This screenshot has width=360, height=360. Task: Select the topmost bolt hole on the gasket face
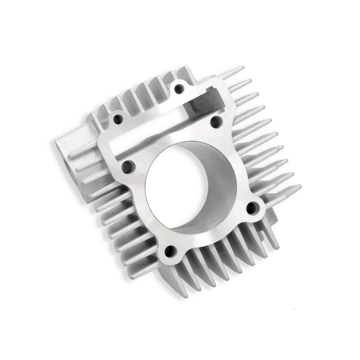pos(179,88)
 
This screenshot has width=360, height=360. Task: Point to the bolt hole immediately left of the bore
pos(127,166)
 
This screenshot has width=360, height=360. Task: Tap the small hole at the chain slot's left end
pos(119,119)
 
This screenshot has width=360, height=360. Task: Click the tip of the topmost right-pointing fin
pos(242,68)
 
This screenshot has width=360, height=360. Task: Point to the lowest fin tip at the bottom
pos(186,296)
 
